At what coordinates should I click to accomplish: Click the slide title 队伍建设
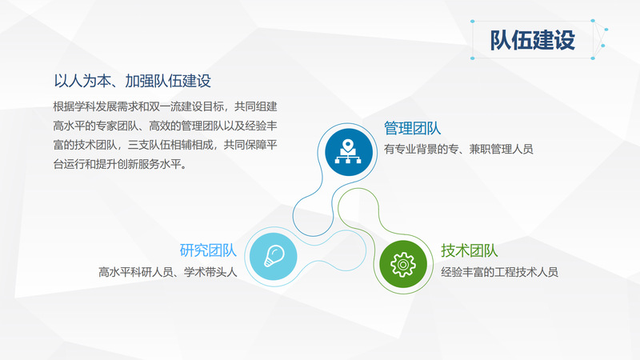532,40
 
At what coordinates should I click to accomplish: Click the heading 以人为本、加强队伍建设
132,81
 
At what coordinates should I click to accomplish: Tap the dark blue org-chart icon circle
349,152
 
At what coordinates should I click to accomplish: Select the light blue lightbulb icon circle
273,256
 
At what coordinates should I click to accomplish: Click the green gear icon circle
403,264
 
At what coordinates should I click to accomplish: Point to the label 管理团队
412,128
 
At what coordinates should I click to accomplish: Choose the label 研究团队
208,250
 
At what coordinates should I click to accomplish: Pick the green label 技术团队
470,250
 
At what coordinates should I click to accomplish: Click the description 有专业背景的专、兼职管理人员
458,149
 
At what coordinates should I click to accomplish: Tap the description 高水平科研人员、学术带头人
168,272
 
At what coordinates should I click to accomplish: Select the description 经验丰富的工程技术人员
499,272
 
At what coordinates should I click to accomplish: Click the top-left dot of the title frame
473,22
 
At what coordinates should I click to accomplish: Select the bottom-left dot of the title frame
473,58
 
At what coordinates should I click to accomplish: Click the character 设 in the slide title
565,40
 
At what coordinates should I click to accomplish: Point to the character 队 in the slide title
501,40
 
